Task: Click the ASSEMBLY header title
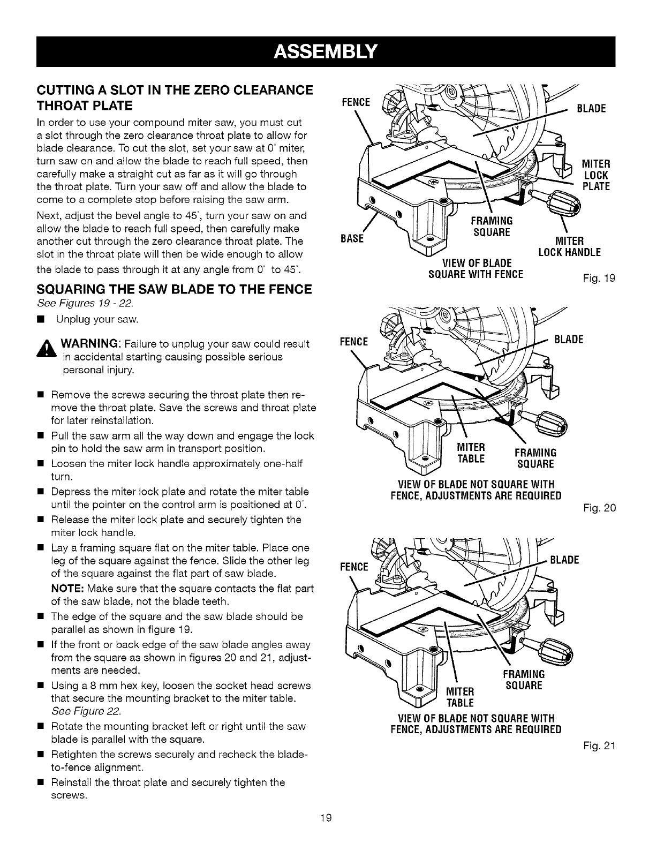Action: pyautogui.click(x=325, y=52)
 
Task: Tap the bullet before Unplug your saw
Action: pyautogui.click(x=40, y=320)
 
